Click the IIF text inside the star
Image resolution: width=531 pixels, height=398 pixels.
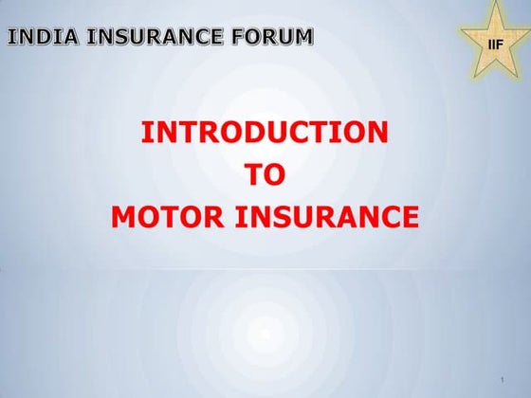click(x=493, y=45)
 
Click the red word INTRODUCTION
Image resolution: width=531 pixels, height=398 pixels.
click(x=265, y=133)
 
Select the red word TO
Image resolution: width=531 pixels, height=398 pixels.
click(x=265, y=175)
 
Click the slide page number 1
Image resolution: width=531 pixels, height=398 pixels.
click(x=500, y=380)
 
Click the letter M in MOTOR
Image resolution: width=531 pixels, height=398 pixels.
click(x=124, y=218)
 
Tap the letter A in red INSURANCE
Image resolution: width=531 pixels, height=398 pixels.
click(x=356, y=218)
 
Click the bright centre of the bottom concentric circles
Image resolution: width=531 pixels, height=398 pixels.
click(x=265, y=334)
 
